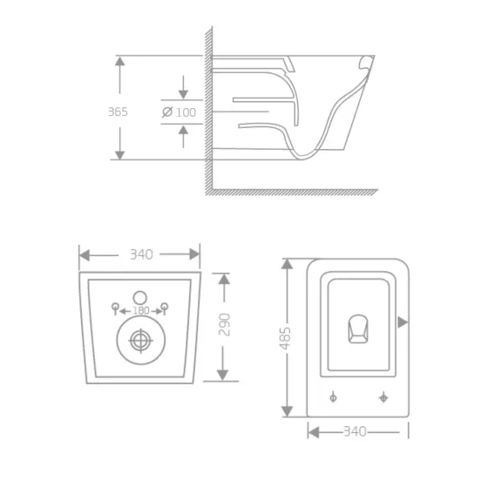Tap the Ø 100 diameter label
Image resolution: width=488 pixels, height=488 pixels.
(x=179, y=112)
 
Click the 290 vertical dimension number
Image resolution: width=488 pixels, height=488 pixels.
(x=224, y=325)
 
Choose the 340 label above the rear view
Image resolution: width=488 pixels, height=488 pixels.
(x=140, y=254)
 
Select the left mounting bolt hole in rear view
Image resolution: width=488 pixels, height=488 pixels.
(x=114, y=306)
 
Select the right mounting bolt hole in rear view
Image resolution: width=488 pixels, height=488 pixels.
(x=164, y=306)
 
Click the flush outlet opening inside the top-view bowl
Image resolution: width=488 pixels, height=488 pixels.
(x=358, y=328)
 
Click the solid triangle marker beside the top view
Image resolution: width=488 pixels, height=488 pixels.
(x=402, y=322)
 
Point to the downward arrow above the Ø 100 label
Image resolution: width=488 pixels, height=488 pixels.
(x=183, y=91)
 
